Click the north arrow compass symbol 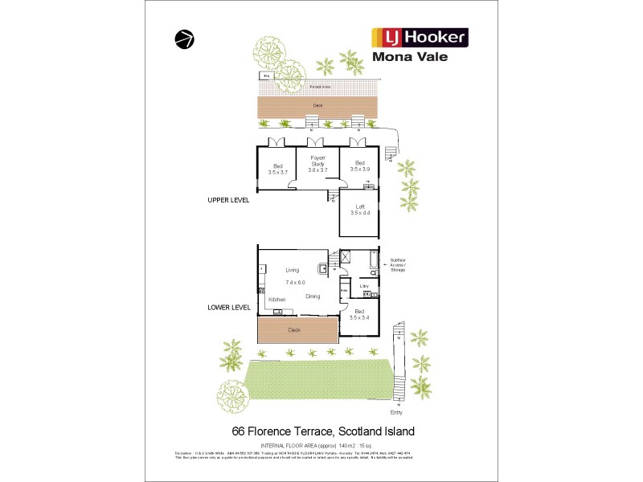tap(184, 39)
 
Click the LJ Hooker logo tap(418, 37)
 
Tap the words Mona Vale tap(410, 57)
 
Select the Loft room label tap(360, 207)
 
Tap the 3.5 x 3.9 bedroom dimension tap(360, 170)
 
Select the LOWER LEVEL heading tap(229, 307)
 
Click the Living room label tap(292, 270)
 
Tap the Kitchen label tap(276, 300)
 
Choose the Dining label tap(313, 296)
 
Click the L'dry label tap(363, 286)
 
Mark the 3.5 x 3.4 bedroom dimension tap(360, 318)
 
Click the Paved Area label tap(317, 85)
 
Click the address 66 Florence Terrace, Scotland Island tap(323, 431)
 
